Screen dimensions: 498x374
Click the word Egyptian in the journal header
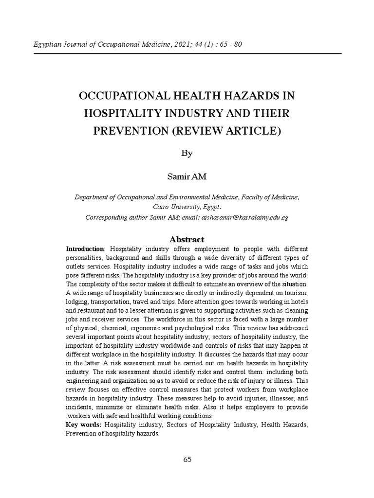coord(46,45)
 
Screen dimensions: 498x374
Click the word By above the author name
coord(187,153)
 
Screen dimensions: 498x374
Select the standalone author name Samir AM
coord(187,177)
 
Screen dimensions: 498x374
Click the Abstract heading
coord(187,239)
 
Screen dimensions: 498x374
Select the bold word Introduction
coord(85,249)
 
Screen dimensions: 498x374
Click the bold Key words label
coord(84,425)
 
